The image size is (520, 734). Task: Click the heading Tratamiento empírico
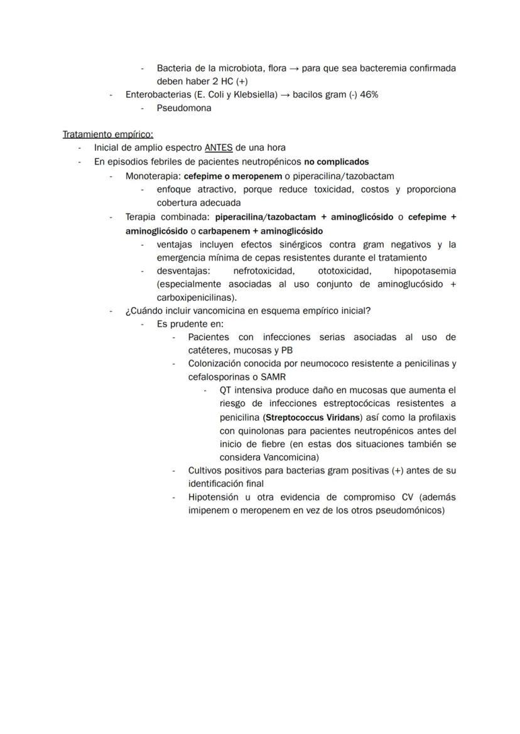tap(107, 134)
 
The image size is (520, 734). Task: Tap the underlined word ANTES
tap(219, 148)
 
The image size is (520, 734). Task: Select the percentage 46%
tap(369, 95)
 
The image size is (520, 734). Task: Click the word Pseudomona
tap(184, 108)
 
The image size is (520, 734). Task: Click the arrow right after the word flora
tap(294, 68)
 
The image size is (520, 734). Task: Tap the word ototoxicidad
tap(344, 271)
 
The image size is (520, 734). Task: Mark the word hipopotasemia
tap(425, 271)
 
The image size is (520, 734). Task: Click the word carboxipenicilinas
tap(195, 298)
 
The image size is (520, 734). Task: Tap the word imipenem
tap(208, 510)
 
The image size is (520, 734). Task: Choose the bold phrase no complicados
tap(337, 162)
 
